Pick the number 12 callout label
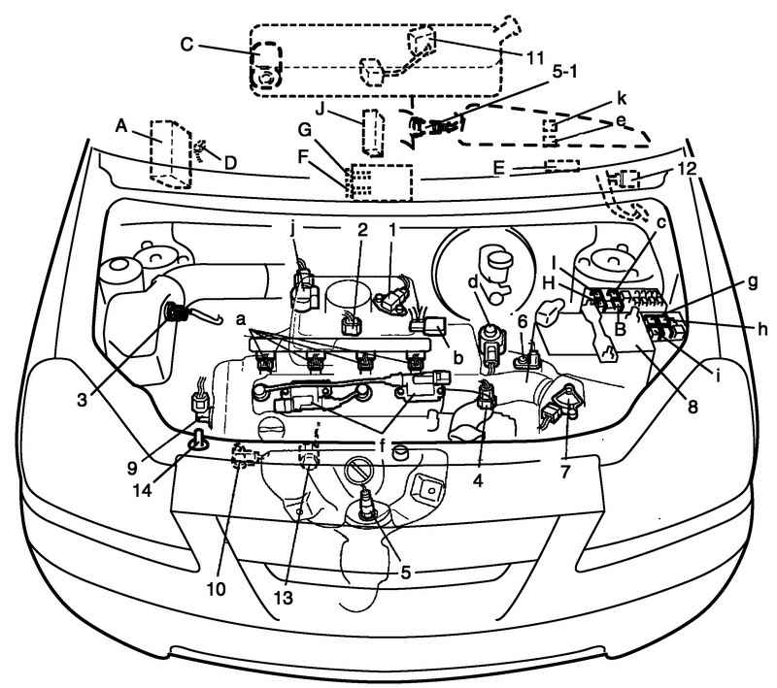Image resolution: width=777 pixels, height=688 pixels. tap(688, 170)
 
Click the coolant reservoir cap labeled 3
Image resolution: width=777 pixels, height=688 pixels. tap(179, 311)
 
